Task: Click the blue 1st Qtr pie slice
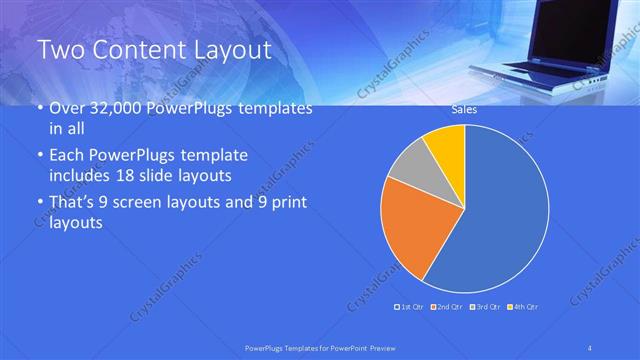(x=500, y=210)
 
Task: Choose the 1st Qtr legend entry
(x=410, y=306)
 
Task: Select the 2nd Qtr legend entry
(x=446, y=306)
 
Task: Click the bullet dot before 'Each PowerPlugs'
(x=38, y=157)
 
